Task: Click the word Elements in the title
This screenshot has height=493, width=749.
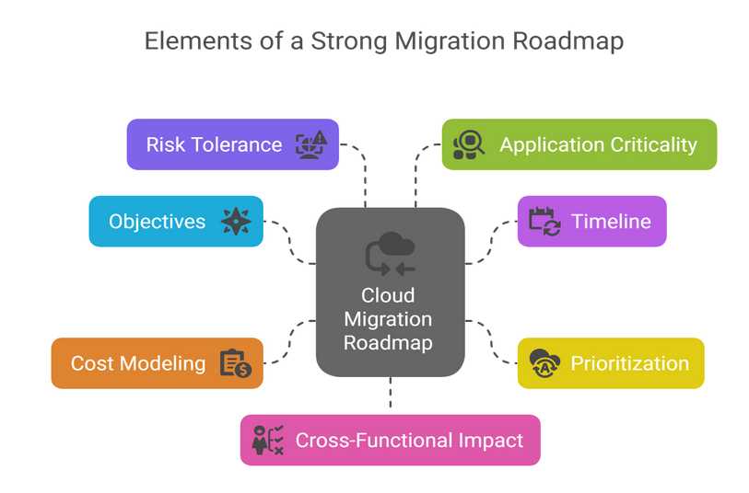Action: point(199,41)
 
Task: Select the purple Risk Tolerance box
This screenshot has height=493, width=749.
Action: point(233,144)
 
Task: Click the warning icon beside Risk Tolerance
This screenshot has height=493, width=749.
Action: point(311,144)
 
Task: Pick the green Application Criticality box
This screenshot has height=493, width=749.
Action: point(579,144)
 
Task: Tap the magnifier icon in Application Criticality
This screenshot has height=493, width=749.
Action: point(469,144)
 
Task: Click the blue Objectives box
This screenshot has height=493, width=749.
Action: point(176,222)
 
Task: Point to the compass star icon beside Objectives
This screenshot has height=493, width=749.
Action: point(236,222)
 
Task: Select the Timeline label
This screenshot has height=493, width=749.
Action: point(611,222)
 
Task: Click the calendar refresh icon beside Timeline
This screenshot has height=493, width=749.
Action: point(544,222)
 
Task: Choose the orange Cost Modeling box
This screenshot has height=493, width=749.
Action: point(158,363)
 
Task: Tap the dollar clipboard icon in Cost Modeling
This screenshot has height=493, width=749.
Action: point(236,363)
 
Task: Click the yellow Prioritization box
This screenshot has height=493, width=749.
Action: point(611,363)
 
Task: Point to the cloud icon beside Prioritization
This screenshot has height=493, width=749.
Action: point(544,363)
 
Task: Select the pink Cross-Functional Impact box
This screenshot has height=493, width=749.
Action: point(391,440)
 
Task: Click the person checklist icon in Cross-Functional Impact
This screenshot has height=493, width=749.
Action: point(268,440)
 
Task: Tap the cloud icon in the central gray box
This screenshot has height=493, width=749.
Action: point(391,254)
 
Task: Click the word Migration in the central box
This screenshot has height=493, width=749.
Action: point(388,319)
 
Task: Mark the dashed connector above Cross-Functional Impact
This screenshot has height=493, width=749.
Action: point(391,393)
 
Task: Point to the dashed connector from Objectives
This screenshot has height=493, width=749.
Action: point(290,243)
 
